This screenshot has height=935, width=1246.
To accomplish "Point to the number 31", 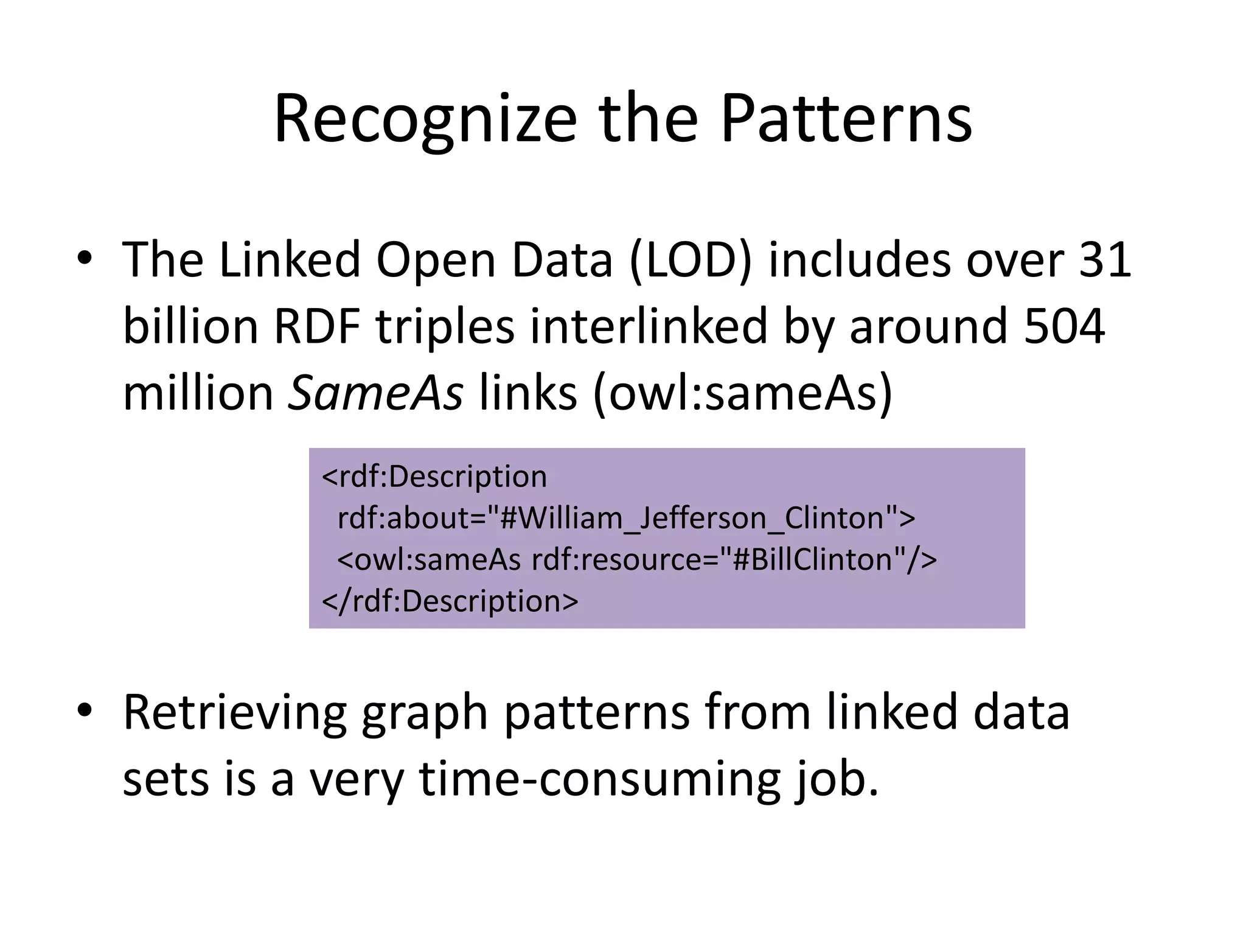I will [x=1104, y=261].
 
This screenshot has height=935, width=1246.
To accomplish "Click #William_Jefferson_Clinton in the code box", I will [x=691, y=518].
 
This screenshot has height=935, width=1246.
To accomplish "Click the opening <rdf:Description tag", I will [x=434, y=477].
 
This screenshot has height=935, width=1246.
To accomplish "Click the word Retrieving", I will [x=234, y=713].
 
